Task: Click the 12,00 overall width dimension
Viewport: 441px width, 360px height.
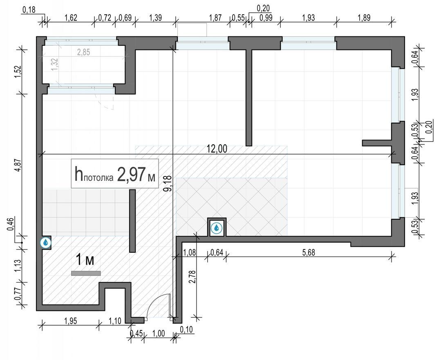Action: [217, 148]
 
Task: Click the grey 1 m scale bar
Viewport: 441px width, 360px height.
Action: [86, 273]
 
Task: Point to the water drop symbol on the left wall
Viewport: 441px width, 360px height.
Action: [45, 242]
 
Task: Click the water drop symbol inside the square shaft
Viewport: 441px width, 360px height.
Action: [216, 228]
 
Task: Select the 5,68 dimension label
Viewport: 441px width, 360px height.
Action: [309, 252]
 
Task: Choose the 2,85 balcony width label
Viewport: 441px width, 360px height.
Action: [83, 52]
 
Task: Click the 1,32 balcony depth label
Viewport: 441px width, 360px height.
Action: [54, 64]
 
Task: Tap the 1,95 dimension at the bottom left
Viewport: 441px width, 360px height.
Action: [70, 321]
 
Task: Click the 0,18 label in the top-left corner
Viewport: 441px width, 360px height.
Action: [29, 10]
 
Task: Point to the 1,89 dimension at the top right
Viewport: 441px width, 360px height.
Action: [364, 18]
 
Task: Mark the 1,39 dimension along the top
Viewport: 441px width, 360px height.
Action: [155, 18]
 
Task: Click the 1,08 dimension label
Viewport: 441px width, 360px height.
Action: [189, 252]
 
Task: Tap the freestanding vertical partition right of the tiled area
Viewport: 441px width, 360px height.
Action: [132, 221]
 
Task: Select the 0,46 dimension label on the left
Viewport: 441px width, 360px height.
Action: [10, 224]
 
